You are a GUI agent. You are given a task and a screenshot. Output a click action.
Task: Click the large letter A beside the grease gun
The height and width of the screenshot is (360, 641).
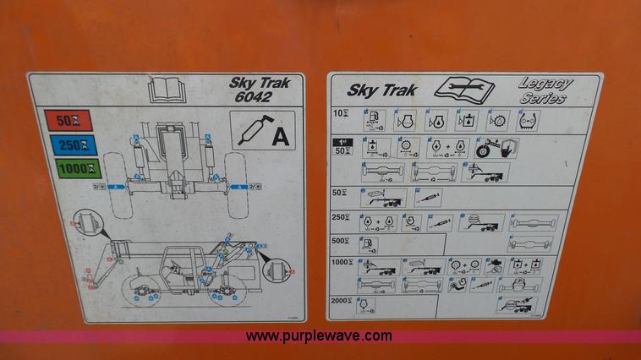279,136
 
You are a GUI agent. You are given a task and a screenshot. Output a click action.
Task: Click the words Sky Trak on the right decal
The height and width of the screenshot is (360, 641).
381,89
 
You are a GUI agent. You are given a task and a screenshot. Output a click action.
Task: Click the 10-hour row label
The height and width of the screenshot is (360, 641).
341,114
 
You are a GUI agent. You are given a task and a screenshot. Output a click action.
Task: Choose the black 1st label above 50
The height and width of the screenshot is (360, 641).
342,140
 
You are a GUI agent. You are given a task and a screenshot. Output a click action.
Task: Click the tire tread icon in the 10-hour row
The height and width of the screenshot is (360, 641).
529,120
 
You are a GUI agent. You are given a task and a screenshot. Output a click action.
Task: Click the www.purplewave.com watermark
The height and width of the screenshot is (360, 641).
319,335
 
